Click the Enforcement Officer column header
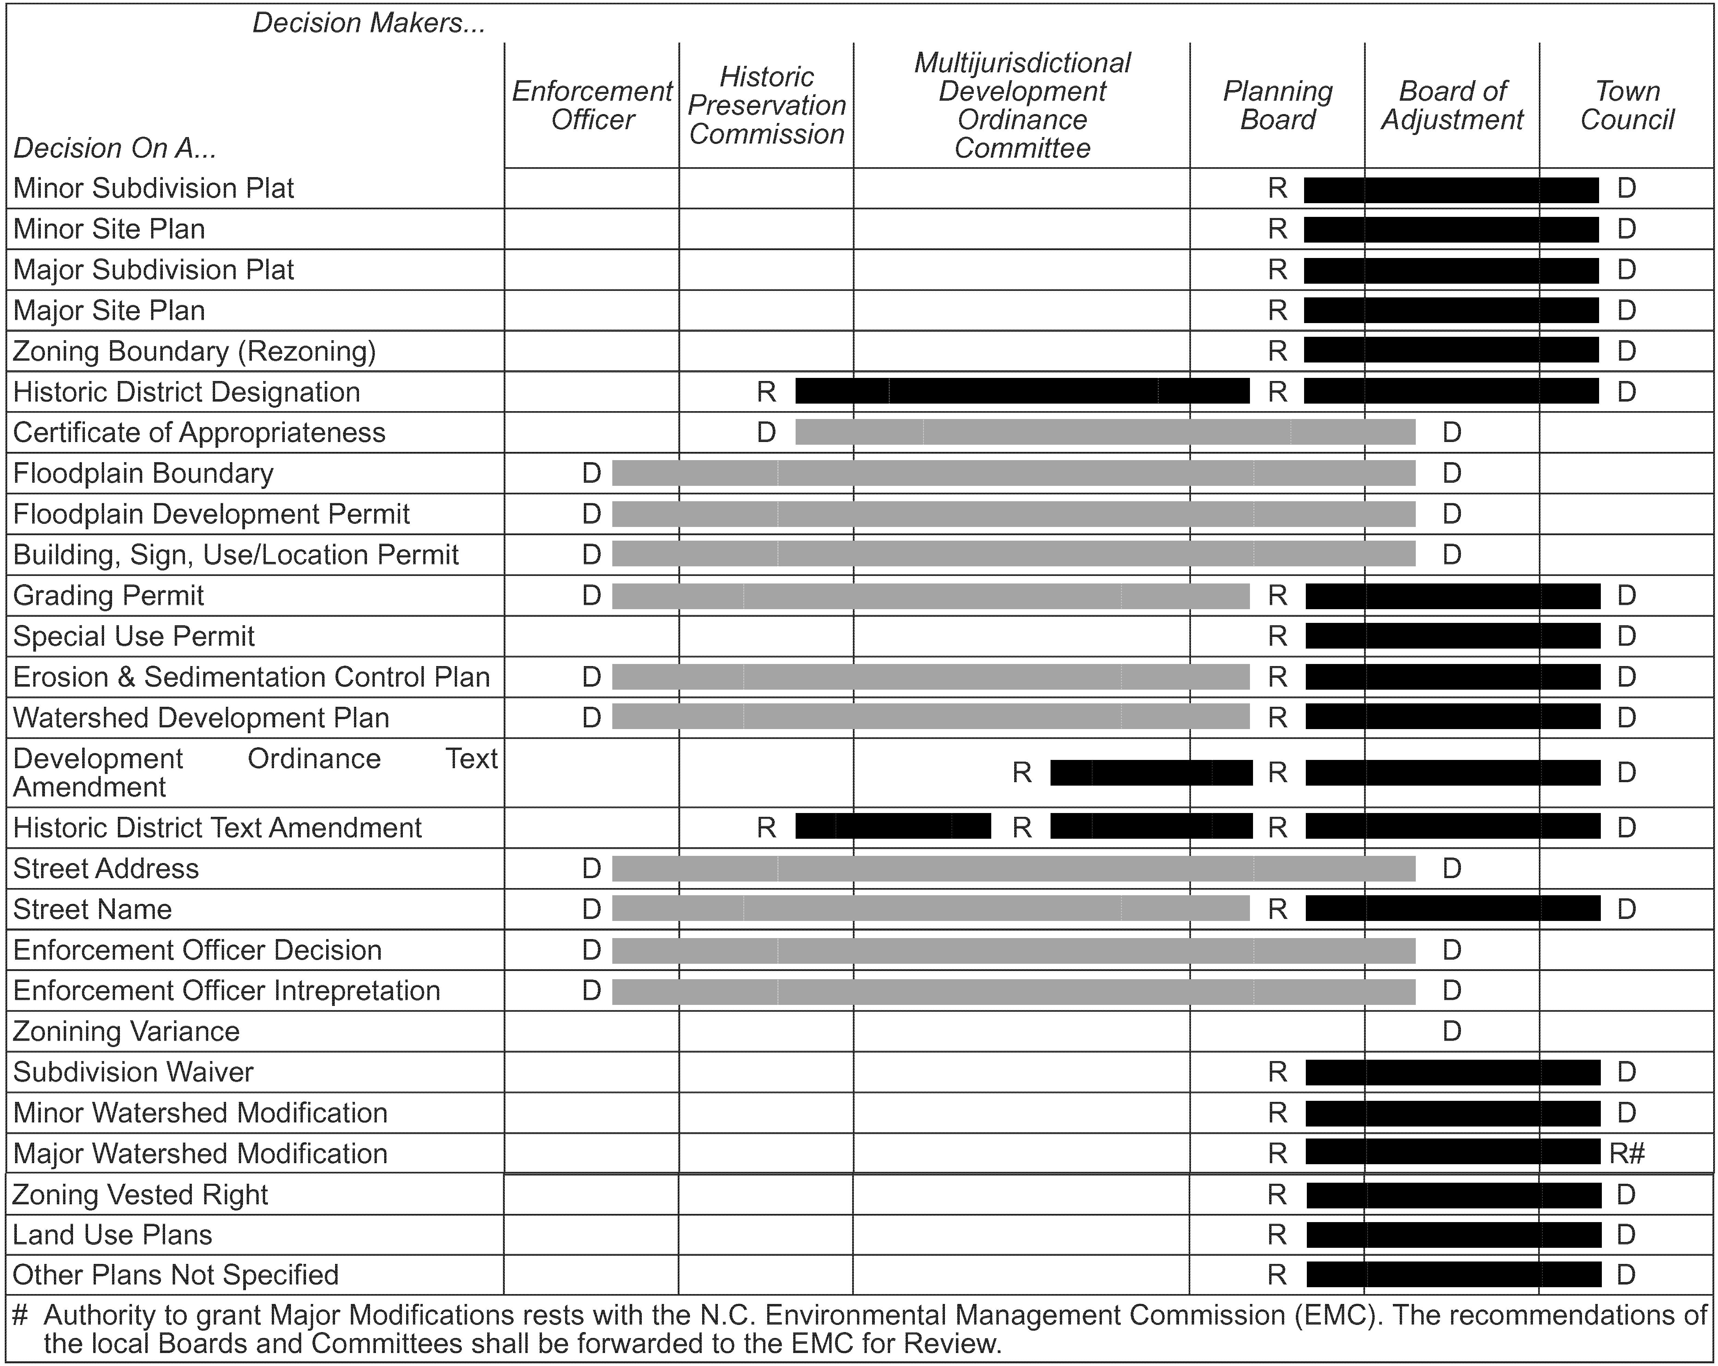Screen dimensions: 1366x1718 [x=592, y=105]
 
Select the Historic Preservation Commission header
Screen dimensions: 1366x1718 [x=766, y=105]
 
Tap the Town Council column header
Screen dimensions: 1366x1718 [x=1627, y=105]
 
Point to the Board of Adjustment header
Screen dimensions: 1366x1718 [x=1452, y=105]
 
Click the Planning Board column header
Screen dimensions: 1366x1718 [x=1277, y=105]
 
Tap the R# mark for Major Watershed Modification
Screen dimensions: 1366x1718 [x=1627, y=1153]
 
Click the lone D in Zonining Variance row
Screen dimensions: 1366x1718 [x=1452, y=1031]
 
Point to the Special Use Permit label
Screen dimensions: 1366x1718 [x=134, y=636]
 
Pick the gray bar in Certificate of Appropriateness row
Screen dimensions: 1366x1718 [x=1105, y=432]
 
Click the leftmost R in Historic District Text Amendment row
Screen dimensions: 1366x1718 [x=766, y=827]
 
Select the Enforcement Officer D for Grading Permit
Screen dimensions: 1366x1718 [x=591, y=595]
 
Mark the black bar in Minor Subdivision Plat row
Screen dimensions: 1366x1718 [x=1451, y=190]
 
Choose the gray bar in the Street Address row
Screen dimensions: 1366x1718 [x=1014, y=868]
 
